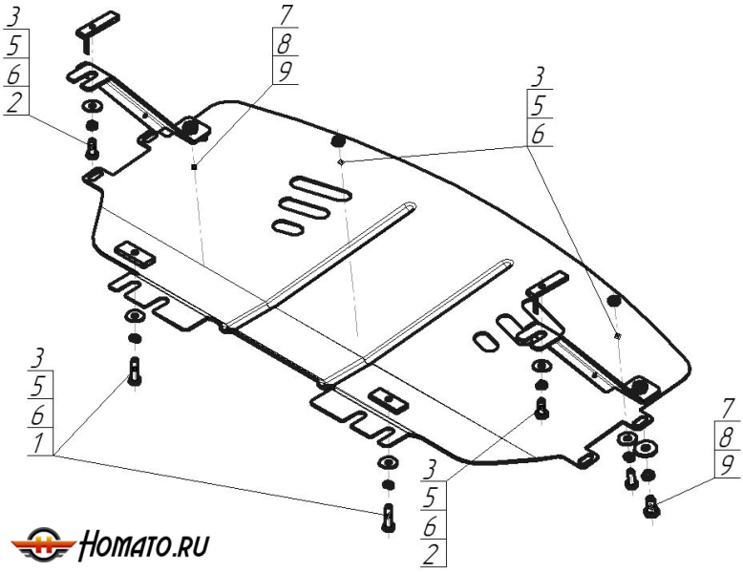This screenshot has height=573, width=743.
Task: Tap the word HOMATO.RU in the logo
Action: [x=143, y=544]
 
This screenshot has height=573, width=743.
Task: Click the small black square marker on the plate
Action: [x=194, y=166]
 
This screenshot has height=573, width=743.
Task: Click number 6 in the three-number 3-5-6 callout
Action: [x=538, y=135]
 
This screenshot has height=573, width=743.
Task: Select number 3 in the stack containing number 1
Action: [x=38, y=358]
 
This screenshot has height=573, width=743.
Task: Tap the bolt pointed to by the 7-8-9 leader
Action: [x=651, y=505]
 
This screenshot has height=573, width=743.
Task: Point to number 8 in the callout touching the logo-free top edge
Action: [x=285, y=43]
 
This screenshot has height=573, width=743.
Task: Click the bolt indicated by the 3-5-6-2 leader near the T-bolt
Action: [x=92, y=148]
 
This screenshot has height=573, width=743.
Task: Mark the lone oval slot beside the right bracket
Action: [x=485, y=341]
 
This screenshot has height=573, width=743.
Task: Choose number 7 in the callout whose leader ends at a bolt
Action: [x=727, y=409]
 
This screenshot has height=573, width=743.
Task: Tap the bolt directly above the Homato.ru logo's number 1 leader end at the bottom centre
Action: [x=387, y=517]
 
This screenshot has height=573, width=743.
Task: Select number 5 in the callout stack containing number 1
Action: [x=38, y=387]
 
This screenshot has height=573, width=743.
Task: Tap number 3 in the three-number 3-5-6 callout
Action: [x=538, y=76]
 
